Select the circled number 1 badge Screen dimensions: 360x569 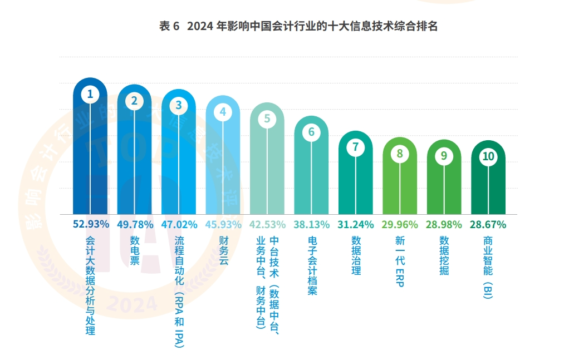point(90,95)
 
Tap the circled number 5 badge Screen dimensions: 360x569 point(267,119)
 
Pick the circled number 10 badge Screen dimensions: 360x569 point(488,156)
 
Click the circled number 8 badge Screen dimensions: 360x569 point(399,154)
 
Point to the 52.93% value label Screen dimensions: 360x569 point(90,224)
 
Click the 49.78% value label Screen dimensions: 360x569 point(134,225)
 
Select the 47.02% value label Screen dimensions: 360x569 point(179,225)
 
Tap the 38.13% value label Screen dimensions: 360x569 point(312,225)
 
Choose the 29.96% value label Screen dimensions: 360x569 point(400,225)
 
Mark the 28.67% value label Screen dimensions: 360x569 point(488,225)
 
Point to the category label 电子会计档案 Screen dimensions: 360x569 point(312,265)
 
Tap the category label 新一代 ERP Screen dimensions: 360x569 point(400,261)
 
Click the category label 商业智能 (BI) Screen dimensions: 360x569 point(488,268)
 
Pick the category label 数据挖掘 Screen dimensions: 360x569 point(444,255)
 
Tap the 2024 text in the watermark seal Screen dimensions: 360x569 point(131,304)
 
